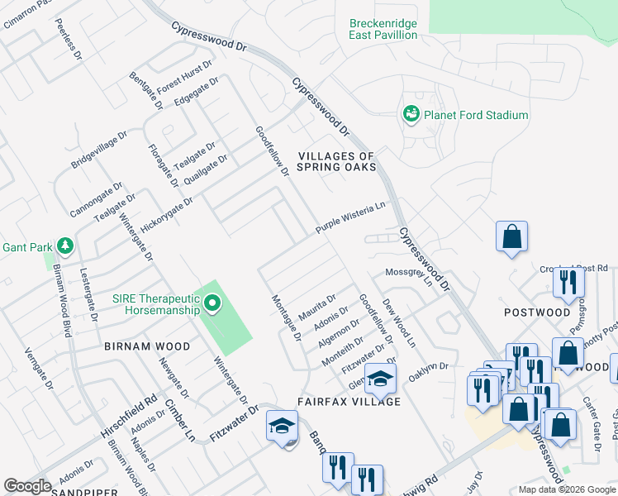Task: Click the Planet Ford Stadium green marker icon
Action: (411, 114)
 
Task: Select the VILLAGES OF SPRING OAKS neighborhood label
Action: (337, 161)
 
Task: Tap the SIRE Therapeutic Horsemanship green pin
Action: (212, 304)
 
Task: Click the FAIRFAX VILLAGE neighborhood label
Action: (349, 402)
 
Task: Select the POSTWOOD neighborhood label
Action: (537, 312)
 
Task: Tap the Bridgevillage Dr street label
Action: (99, 149)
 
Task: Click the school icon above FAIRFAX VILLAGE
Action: (381, 379)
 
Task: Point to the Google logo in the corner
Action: (27, 486)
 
